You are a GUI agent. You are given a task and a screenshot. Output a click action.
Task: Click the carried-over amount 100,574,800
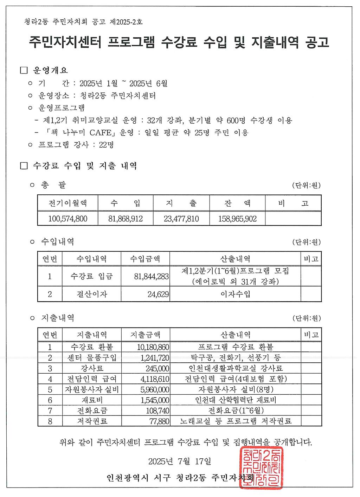coord(67,219)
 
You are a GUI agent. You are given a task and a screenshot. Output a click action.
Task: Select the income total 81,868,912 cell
coord(126,219)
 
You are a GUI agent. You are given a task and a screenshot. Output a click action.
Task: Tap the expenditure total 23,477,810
coord(181,219)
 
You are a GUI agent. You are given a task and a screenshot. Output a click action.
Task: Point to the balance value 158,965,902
coord(237,219)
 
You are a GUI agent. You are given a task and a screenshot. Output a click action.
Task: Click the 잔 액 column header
coord(237,203)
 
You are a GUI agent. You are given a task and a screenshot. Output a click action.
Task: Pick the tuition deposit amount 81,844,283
coord(151,277)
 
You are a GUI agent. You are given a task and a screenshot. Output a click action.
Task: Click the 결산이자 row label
coord(92,294)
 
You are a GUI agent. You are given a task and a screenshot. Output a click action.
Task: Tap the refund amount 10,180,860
coord(153,347)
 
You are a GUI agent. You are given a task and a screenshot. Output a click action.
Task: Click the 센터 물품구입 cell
coord(92,358)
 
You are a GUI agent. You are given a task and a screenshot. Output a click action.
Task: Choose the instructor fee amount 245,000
coord(157,368)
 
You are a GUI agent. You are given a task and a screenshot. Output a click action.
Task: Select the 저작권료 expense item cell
coord(92,421)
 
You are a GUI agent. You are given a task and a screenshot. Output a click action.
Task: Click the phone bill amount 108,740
coord(157,411)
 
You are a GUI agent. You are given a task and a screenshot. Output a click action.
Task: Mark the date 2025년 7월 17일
coord(180,461)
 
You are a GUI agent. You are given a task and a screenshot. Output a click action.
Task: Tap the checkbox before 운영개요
coord(24,70)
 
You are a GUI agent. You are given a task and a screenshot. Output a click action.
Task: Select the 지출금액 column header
coord(145,335)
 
